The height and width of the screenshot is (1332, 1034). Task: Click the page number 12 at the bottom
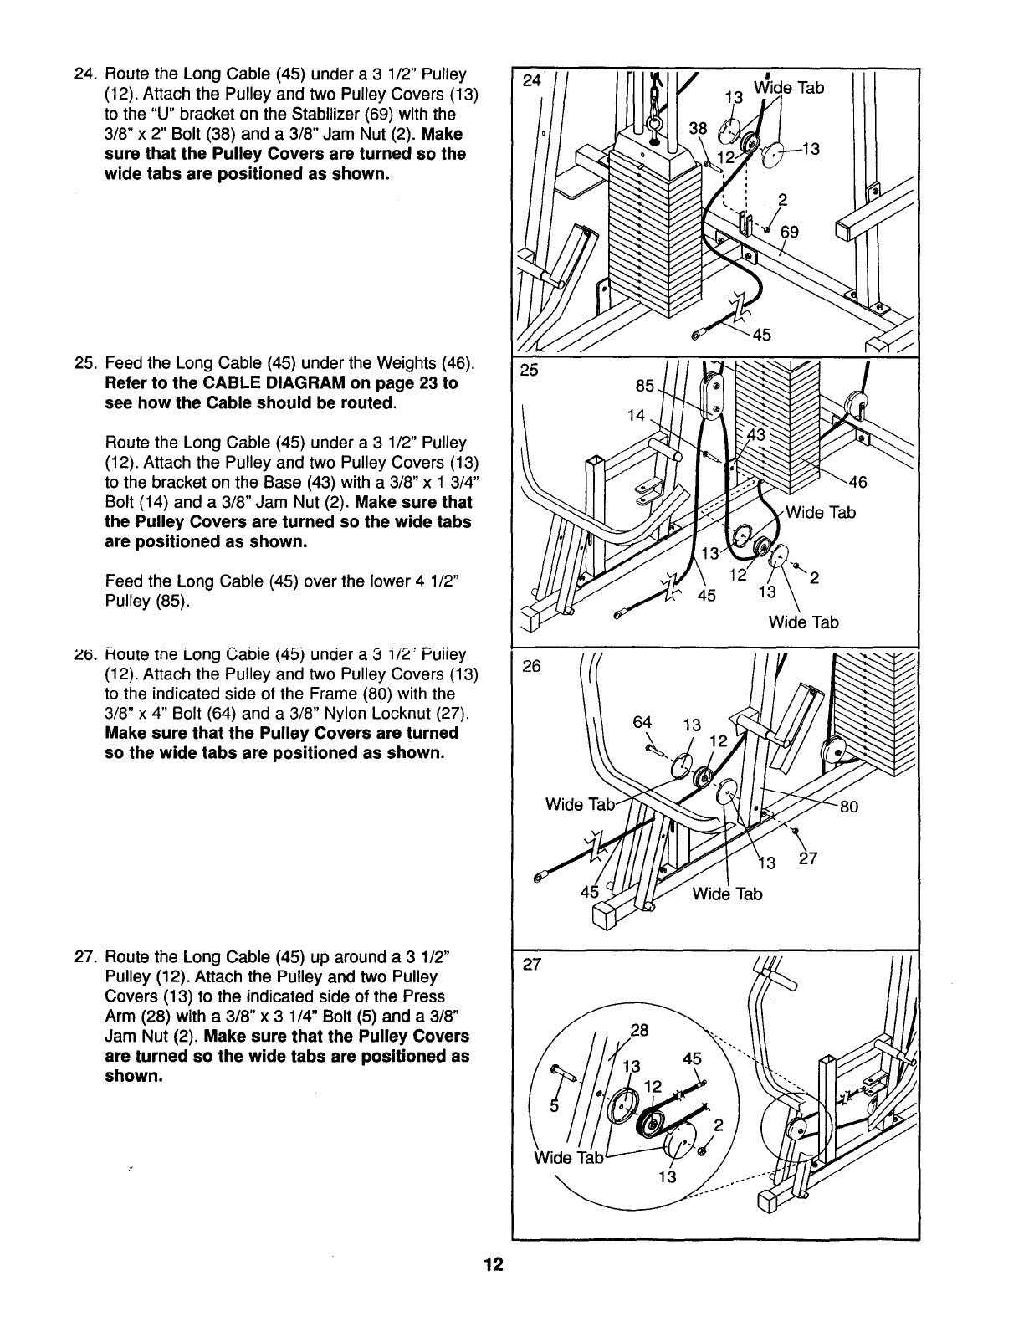(493, 1264)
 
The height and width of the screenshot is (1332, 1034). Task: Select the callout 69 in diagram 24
(788, 232)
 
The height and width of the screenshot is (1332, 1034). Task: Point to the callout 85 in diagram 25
(645, 386)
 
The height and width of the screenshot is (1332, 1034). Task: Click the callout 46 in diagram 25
(858, 482)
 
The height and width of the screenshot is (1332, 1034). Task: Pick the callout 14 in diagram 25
(637, 415)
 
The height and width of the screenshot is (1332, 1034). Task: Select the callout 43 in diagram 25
(755, 436)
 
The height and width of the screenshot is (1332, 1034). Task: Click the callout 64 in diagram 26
(642, 722)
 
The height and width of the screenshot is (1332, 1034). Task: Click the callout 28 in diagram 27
(638, 1030)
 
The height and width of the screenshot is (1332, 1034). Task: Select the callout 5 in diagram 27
(555, 1104)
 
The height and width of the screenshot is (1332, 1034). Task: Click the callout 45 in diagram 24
(761, 336)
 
